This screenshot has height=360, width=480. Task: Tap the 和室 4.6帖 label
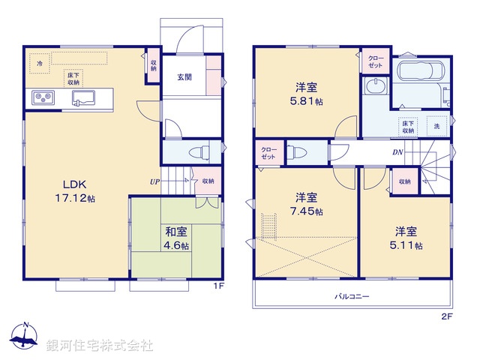(x=177, y=238)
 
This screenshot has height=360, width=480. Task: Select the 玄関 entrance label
(x=185, y=77)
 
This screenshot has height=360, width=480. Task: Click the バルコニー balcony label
(x=352, y=296)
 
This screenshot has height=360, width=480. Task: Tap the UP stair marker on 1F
(x=154, y=181)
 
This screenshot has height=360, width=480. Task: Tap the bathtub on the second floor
(x=420, y=73)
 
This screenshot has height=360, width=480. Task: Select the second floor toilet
(x=297, y=152)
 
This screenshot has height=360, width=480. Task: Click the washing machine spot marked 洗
(x=436, y=127)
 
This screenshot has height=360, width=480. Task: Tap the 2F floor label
(x=447, y=316)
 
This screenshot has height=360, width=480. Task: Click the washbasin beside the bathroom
(x=373, y=88)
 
